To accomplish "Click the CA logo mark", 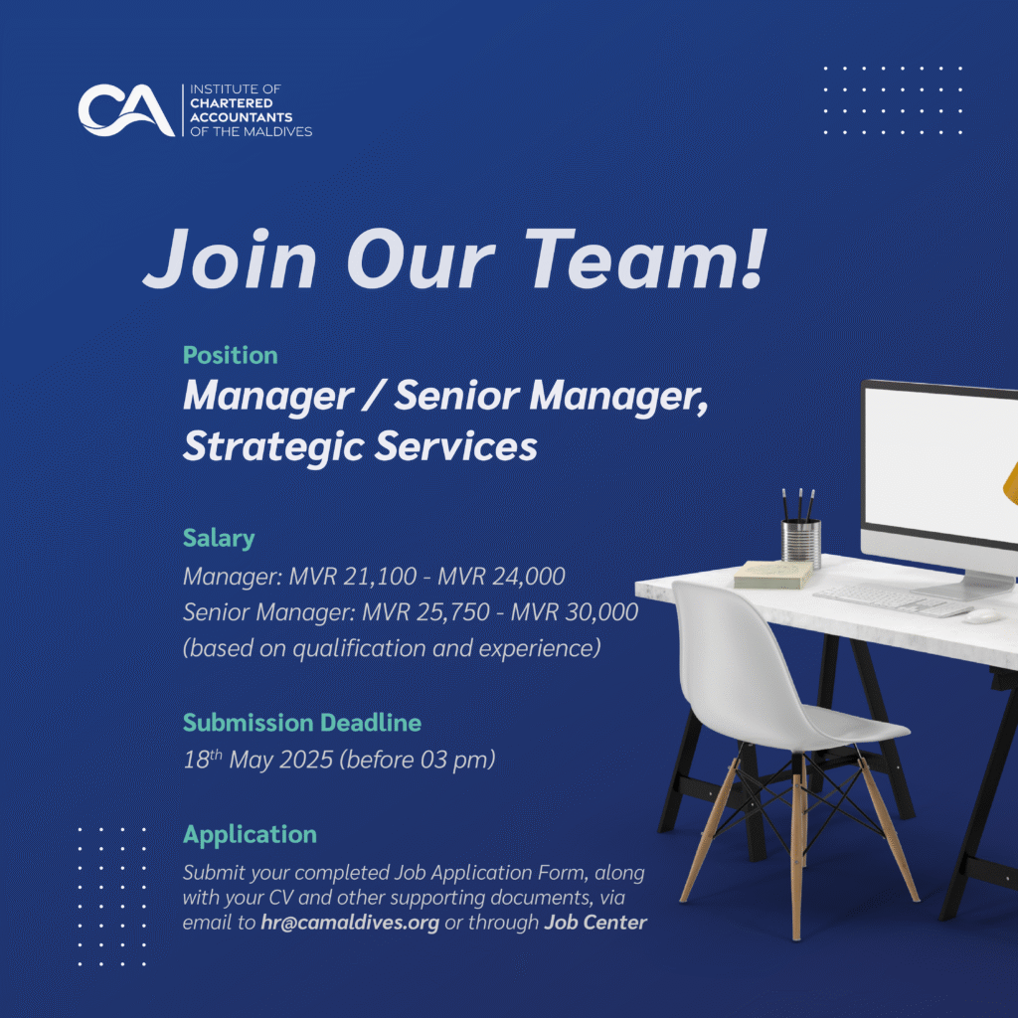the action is [126, 109].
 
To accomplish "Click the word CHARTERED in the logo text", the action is [231, 103].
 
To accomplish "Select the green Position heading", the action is [231, 355].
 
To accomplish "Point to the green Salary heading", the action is [219, 538].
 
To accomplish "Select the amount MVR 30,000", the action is [575, 612].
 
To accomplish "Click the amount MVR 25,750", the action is [425, 612].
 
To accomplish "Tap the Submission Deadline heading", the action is [302, 723].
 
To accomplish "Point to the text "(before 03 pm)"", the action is [418, 760].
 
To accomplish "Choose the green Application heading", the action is [250, 835].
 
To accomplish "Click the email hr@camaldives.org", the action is [350, 924].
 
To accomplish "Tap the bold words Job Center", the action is [595, 923].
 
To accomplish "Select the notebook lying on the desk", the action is [773, 575].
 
